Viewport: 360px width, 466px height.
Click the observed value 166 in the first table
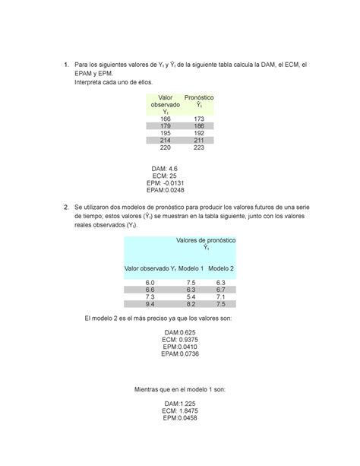coord(165,119)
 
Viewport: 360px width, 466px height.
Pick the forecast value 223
coord(199,148)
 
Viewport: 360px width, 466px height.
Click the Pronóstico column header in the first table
coord(199,102)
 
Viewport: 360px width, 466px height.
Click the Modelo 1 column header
coord(191,268)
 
